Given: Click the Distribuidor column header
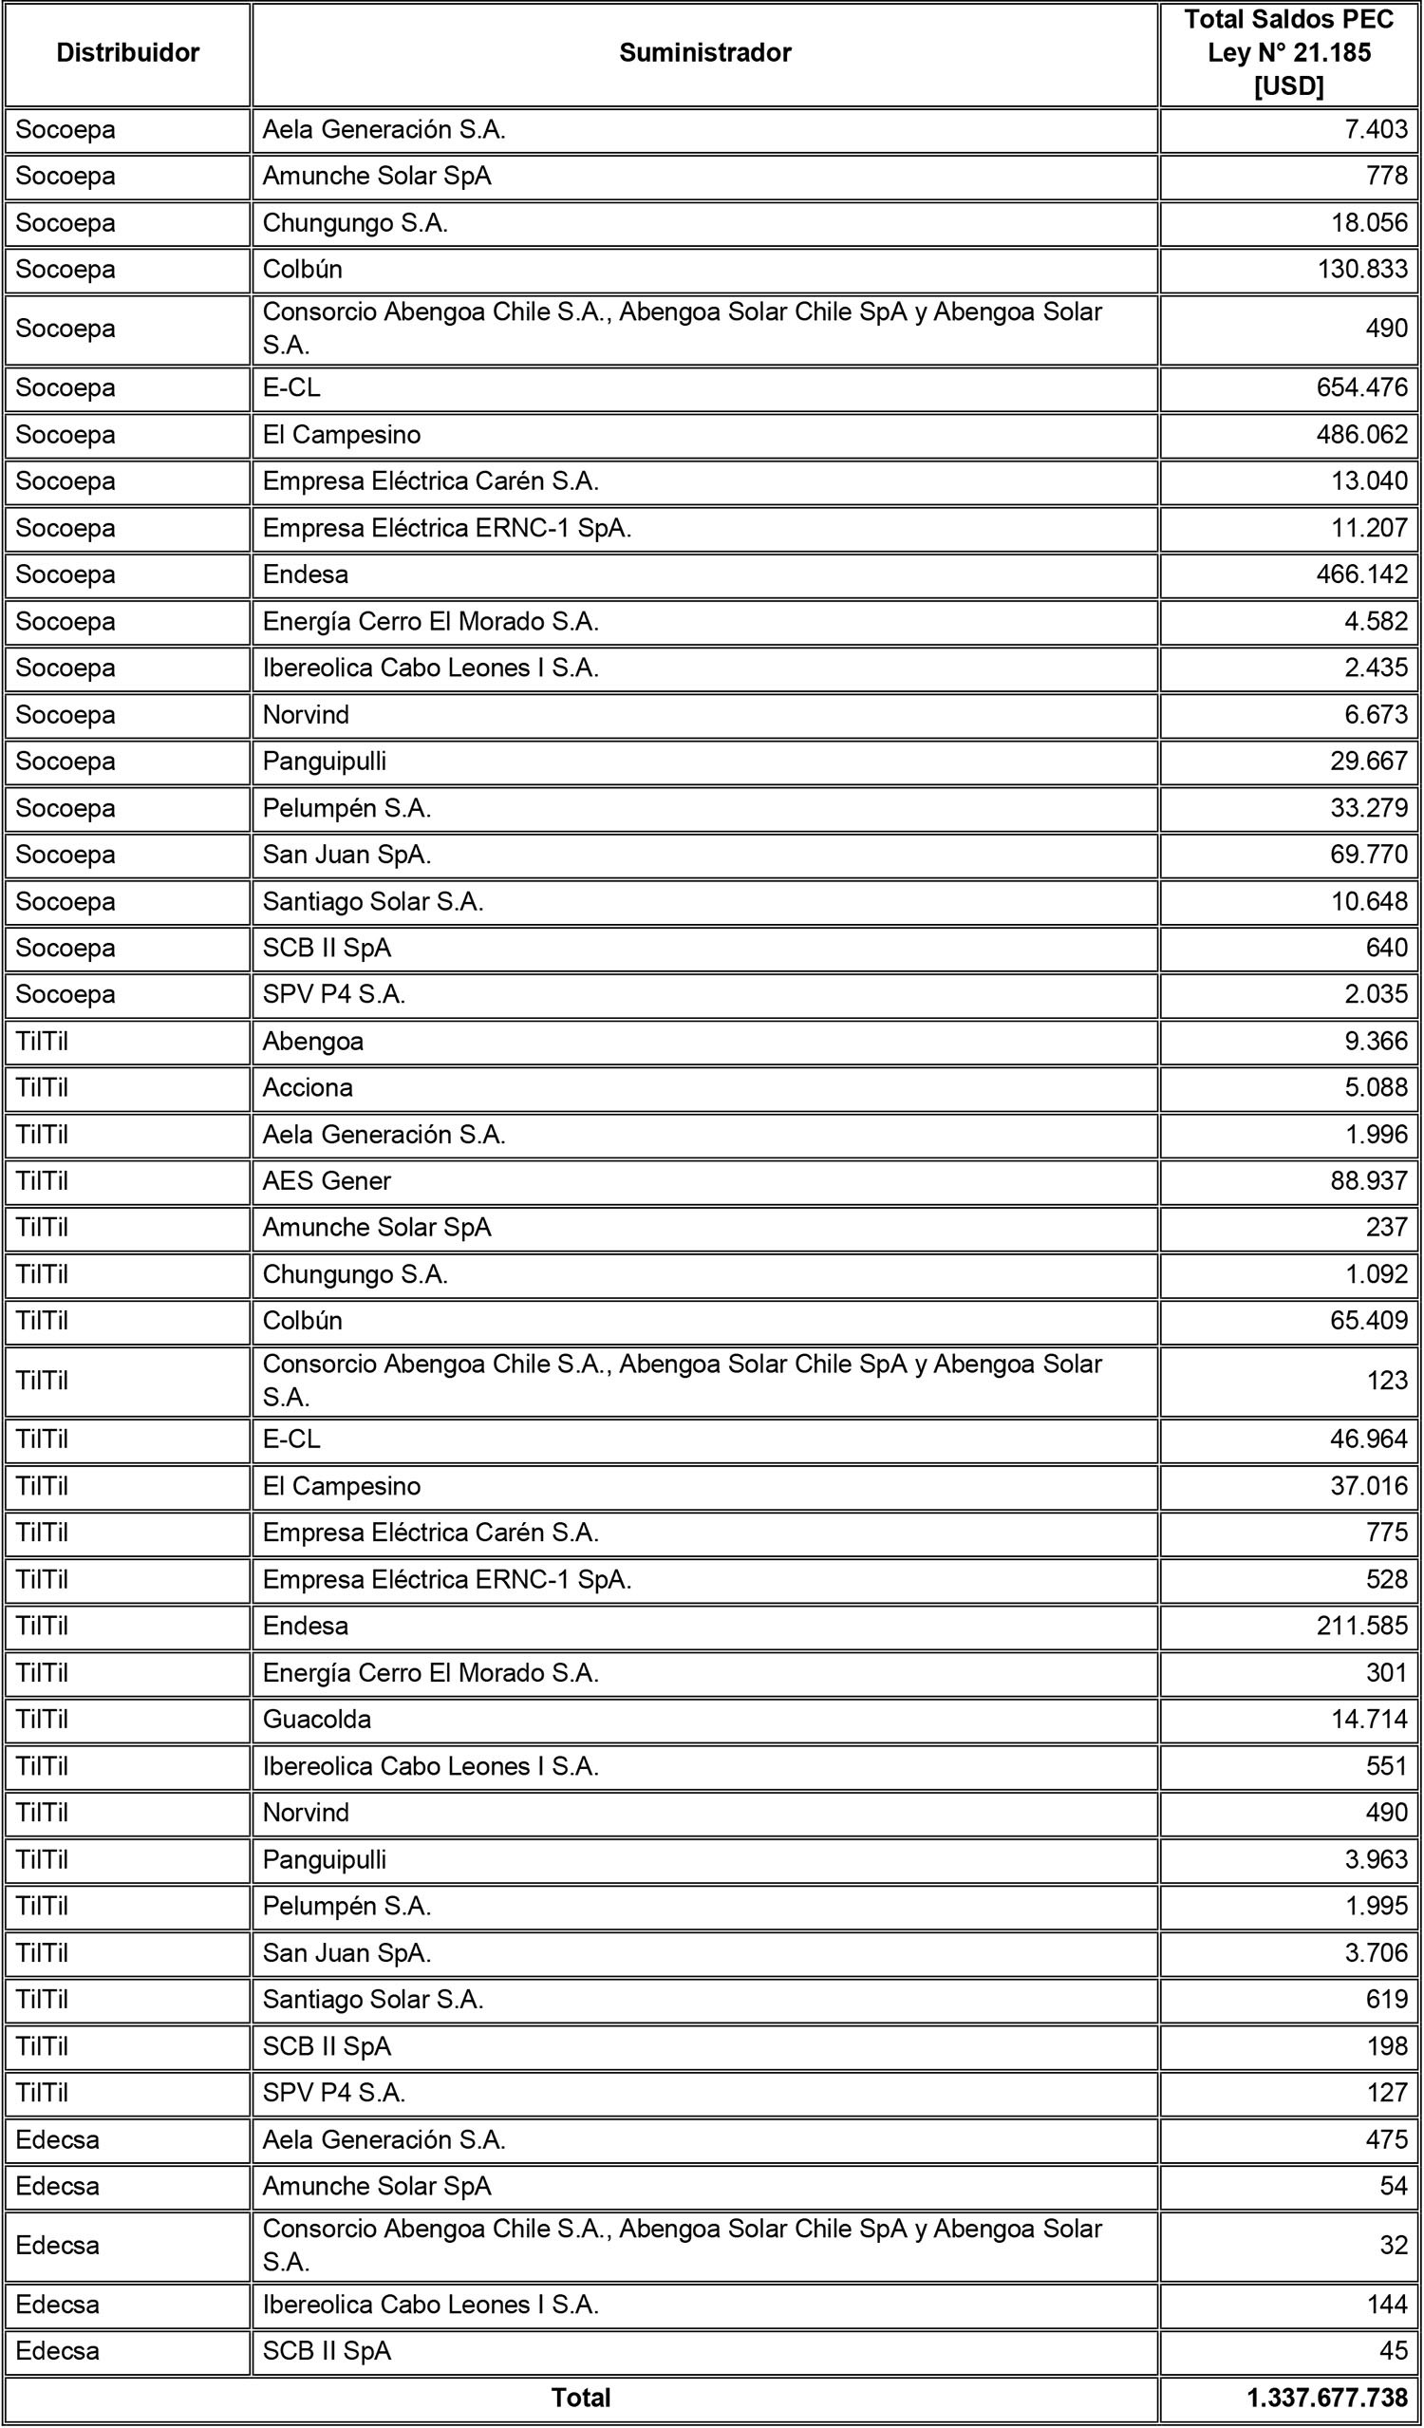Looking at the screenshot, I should tap(127, 53).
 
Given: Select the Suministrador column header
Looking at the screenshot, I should tap(704, 53).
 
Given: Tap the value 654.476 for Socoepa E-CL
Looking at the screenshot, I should tap(1361, 387).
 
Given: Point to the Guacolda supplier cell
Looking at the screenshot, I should tap(317, 1719).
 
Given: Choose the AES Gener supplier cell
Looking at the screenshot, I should tap(327, 1180).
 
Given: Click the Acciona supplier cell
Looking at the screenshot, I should tap(308, 1087).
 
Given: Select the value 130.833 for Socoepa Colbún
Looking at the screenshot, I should tap(1361, 269).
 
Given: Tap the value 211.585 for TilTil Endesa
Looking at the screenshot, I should tap(1361, 1626).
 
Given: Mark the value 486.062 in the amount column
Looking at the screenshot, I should tap(1361, 435).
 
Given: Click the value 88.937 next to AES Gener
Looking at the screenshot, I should tap(1368, 1180).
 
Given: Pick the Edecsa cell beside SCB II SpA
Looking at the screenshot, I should tap(57, 2351).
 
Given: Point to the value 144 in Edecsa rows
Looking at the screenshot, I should tap(1386, 2305).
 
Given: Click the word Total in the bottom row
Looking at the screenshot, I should tap(580, 2398).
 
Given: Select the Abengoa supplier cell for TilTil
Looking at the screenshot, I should tap(313, 1041).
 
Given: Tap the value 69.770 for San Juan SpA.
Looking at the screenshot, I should tap(1368, 854).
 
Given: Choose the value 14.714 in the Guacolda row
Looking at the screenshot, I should tap(1368, 1719).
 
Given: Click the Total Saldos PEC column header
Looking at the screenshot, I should tap(1288, 53).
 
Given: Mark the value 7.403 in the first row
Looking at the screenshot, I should tap(1376, 129).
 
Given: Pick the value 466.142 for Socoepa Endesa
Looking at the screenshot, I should tap(1361, 574).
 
